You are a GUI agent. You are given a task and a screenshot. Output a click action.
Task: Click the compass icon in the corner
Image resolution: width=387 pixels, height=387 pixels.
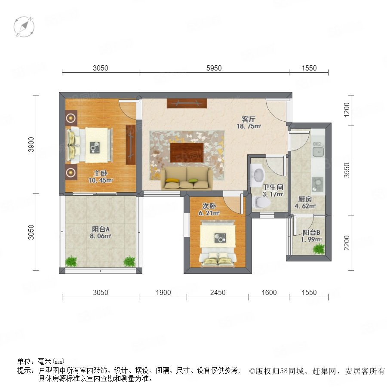(24, 27)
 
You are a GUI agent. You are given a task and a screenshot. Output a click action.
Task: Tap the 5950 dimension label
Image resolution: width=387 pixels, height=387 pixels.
(214, 68)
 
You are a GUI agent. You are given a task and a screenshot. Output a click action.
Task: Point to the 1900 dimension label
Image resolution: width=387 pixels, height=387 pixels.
(163, 292)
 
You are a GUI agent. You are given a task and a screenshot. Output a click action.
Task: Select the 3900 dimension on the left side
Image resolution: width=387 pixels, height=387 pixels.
(31, 144)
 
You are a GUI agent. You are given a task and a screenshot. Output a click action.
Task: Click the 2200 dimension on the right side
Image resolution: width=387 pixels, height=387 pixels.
(347, 243)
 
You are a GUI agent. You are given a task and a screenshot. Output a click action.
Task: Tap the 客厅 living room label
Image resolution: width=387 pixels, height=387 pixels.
(248, 120)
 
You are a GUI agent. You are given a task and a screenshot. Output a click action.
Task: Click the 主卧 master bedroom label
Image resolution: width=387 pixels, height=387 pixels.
(101, 173)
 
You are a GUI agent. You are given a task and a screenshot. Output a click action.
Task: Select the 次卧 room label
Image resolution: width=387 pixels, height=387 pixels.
(209, 206)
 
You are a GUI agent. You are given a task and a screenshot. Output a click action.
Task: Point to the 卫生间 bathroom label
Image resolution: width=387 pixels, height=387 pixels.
(273, 187)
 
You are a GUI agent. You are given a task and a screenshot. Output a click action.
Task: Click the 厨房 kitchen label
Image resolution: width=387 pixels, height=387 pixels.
(305, 199)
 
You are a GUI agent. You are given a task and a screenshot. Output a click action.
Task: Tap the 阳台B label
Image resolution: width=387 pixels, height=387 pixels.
(311, 233)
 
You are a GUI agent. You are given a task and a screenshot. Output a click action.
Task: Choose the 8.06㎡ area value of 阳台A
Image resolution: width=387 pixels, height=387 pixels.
(101, 236)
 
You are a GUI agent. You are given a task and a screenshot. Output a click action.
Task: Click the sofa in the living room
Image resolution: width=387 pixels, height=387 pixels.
(187, 178)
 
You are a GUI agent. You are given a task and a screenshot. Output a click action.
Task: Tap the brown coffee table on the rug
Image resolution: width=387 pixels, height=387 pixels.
(187, 153)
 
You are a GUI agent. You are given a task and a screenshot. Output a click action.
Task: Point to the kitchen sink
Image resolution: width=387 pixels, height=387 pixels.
(318, 150)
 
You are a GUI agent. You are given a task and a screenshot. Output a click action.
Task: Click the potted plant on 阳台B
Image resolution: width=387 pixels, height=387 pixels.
(319, 249)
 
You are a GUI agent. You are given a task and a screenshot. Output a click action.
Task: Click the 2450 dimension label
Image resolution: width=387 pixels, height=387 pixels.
(218, 292)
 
